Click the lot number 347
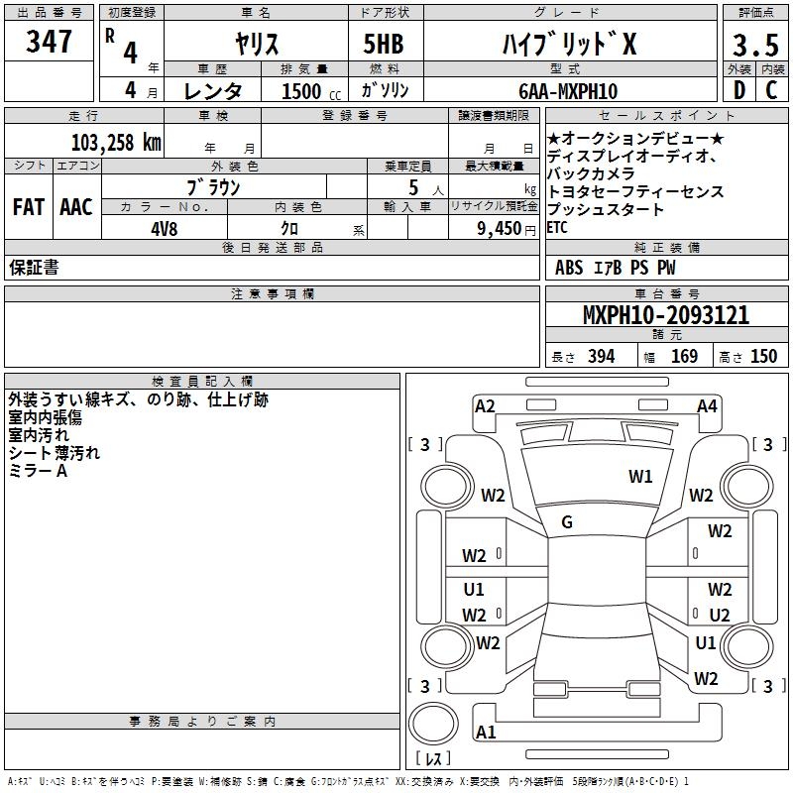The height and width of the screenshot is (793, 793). (x=49, y=41)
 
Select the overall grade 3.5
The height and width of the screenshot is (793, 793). (x=755, y=45)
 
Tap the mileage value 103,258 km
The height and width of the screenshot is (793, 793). (x=116, y=143)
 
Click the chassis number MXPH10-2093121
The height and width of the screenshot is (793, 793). (x=666, y=314)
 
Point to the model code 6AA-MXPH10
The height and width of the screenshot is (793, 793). (x=568, y=91)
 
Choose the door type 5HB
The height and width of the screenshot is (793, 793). (x=384, y=44)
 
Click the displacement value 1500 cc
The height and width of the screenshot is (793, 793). (x=311, y=91)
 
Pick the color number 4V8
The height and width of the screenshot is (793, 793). (x=165, y=229)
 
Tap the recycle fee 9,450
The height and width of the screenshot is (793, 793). (x=500, y=229)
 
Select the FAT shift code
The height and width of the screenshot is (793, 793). (x=29, y=207)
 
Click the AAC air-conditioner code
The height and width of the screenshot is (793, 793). (x=76, y=207)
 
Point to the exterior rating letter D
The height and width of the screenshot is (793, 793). (x=739, y=90)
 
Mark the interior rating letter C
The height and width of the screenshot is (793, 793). (x=771, y=90)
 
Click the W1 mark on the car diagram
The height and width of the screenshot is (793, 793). (x=640, y=477)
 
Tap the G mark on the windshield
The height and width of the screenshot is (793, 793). (x=567, y=522)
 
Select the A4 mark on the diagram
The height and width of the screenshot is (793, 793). (x=707, y=406)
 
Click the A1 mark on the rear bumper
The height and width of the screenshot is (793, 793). (x=486, y=732)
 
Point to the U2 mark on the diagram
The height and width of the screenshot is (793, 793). (x=720, y=615)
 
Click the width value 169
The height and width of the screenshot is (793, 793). (x=684, y=356)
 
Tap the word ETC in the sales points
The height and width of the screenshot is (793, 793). (x=557, y=228)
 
